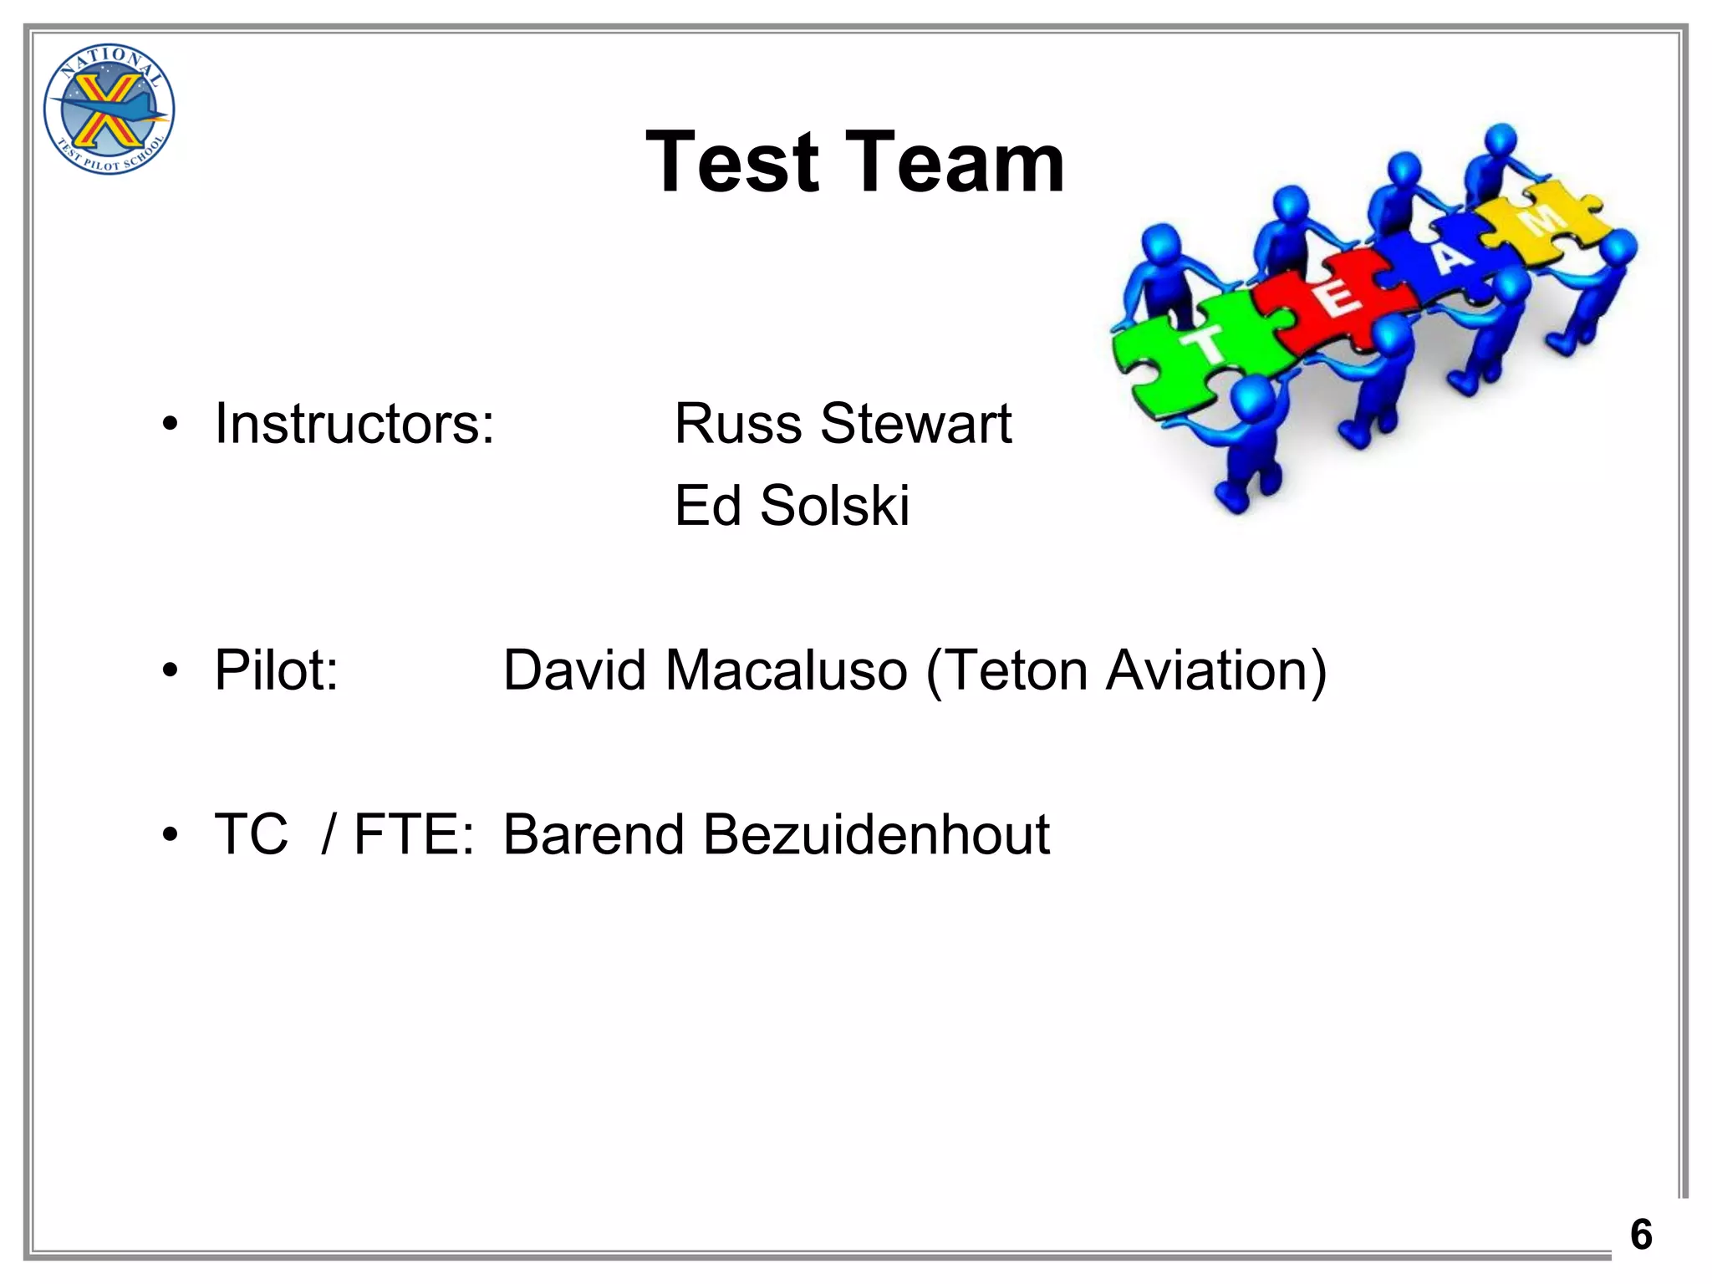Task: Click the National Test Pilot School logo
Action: click(109, 110)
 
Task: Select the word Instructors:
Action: click(354, 424)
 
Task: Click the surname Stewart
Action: click(915, 424)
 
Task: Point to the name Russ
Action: click(739, 424)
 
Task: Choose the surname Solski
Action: click(834, 506)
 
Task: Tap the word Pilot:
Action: click(277, 670)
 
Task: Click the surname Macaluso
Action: click(786, 670)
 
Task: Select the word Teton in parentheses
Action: click(1007, 670)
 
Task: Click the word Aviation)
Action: click(1216, 670)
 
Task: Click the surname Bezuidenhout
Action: click(876, 834)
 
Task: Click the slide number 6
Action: click(1641, 1235)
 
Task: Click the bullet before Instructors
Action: click(171, 425)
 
